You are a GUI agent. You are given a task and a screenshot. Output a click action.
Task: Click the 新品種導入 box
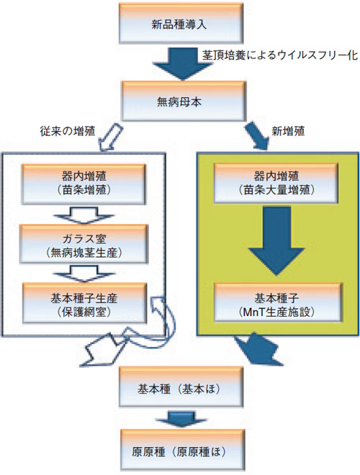tap(181, 23)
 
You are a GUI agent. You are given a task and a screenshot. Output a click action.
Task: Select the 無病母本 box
tap(184, 101)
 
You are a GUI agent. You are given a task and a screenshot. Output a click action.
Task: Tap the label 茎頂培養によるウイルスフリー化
tap(280, 55)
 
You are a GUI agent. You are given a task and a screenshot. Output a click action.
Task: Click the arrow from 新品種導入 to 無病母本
tap(182, 63)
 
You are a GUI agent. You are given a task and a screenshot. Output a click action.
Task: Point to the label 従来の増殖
tap(67, 131)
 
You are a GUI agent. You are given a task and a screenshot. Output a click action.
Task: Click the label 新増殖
tap(288, 131)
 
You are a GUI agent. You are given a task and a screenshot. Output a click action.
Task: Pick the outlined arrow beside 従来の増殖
tap(111, 137)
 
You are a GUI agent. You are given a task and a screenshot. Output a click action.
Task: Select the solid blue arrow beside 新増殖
tap(257, 136)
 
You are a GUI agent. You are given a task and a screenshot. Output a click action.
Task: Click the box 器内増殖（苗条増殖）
tap(84, 184)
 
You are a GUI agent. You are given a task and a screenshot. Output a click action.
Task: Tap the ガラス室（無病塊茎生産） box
tap(84, 244)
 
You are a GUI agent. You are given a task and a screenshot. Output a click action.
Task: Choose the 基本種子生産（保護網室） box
tap(84, 303)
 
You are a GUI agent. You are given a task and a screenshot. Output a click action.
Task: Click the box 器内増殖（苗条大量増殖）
tap(276, 183)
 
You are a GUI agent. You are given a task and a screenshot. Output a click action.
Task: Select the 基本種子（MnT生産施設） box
tap(278, 302)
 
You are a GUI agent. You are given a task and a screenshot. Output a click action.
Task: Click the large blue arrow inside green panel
tap(276, 241)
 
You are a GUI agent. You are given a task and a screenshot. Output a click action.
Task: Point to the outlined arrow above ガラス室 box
tap(84, 215)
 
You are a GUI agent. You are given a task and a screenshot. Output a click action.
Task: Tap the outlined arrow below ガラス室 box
tap(84, 273)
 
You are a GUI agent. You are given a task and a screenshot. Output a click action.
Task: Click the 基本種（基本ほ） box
tap(181, 386)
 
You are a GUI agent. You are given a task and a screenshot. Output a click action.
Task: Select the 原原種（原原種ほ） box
tap(182, 450)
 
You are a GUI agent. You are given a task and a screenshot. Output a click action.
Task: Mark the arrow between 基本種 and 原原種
tap(181, 419)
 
